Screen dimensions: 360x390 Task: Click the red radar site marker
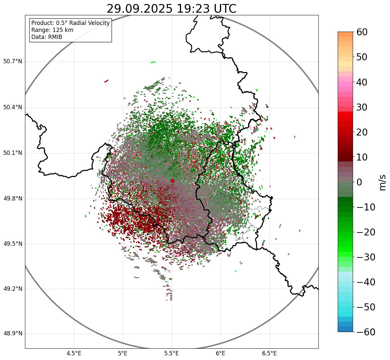(x=172, y=181)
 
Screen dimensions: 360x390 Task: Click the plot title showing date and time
(x=171, y=9)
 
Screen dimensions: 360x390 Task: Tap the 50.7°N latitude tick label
(x=13, y=61)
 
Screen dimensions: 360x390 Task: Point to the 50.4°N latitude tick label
(x=13, y=107)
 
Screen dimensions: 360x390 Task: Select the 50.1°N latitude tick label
(x=13, y=153)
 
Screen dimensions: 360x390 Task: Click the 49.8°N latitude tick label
(x=13, y=198)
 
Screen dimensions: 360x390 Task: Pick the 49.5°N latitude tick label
(x=13, y=244)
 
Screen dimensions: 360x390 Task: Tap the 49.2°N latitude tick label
(x=13, y=289)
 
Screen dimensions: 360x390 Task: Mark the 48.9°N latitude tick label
(x=13, y=334)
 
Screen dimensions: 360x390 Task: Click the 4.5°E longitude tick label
(x=74, y=353)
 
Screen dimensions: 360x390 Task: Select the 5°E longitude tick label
(x=123, y=353)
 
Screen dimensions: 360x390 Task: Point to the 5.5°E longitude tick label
(x=172, y=353)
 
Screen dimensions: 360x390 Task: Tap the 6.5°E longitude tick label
(x=269, y=353)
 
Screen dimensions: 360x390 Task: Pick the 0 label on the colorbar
(x=359, y=182)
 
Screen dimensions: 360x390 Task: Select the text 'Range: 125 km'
(x=52, y=30)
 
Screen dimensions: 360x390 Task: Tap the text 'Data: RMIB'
(x=47, y=37)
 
